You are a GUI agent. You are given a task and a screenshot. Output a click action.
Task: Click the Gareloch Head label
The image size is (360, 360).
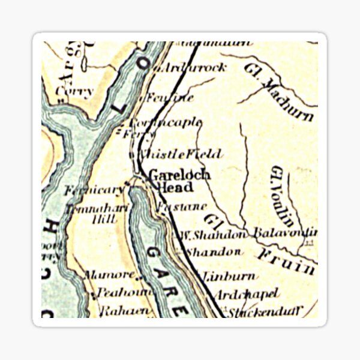(179, 181)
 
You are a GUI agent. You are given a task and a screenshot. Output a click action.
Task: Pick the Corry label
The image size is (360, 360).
(73, 91)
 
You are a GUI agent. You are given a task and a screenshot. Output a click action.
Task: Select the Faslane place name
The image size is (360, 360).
(173, 208)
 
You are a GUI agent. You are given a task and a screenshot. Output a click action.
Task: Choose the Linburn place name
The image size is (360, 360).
(229, 277)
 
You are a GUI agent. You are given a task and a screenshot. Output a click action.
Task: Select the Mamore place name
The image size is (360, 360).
(110, 275)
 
